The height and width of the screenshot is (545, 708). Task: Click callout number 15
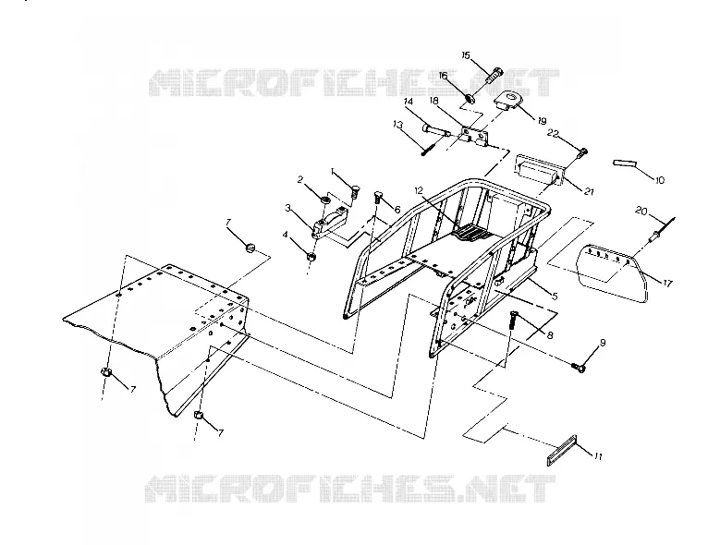466,55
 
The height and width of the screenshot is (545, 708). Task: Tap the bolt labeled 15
494,75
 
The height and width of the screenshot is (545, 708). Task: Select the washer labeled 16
470,98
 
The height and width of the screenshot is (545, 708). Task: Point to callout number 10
659,180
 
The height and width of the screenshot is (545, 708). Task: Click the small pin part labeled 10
625,163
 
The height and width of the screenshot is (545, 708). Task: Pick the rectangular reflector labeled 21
541,171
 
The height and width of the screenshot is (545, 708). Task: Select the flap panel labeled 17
614,272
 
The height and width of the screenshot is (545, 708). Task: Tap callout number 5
555,296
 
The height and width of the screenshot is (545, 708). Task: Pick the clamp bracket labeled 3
331,220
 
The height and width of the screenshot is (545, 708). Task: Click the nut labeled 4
311,257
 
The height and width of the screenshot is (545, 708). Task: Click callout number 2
299,179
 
